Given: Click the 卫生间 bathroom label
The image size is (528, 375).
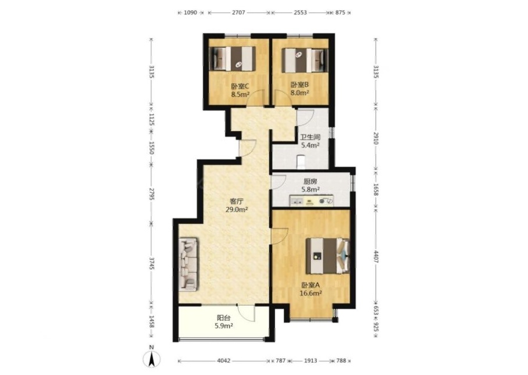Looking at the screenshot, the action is point(310,137).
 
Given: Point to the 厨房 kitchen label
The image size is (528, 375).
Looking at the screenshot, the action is point(310,181).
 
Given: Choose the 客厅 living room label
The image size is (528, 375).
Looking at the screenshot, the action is point(237,201).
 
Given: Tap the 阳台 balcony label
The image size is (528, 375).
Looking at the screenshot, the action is point(224,317).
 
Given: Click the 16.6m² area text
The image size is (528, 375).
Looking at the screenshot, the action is point(311,293).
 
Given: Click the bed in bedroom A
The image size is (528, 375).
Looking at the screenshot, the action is point(327,256).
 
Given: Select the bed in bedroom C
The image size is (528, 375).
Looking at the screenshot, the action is point(233,59).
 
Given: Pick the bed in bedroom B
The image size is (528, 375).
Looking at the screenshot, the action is point(305,60).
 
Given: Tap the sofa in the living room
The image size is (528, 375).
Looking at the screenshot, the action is point(188,265).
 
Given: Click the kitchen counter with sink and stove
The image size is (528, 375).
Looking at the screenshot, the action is point(312,201).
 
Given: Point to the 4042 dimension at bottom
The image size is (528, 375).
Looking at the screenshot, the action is point(224,360).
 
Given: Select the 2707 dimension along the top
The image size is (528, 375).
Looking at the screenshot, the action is point(238,12).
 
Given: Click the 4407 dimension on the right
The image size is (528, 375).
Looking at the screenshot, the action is point(376,256).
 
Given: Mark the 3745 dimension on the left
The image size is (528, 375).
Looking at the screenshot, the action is point(152,263).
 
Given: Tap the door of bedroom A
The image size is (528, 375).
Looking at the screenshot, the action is point(280,235).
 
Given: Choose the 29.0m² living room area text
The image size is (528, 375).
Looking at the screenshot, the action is point(237,209).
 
